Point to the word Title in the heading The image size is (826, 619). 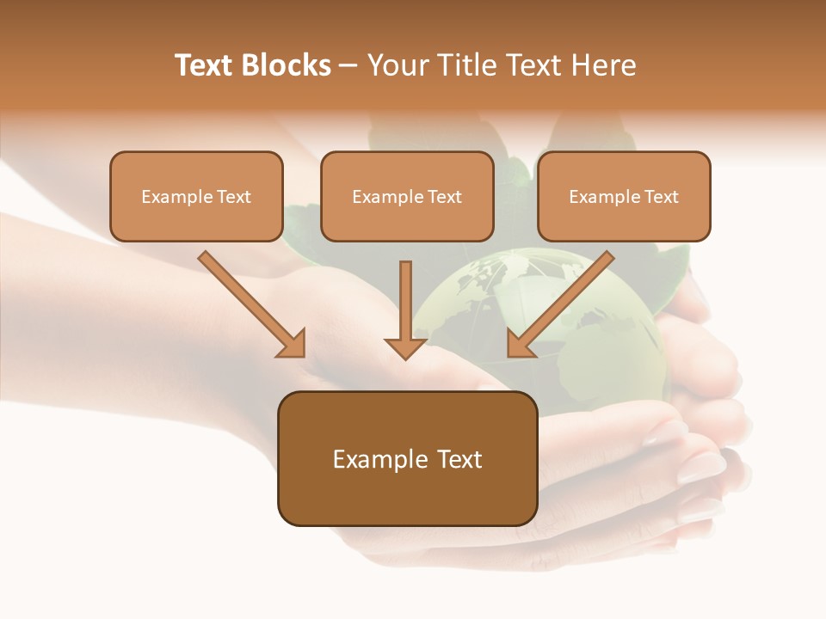coord(468,65)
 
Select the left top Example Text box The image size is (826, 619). coord(196,196)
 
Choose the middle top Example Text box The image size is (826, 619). coord(407,196)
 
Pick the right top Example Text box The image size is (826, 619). coord(624,196)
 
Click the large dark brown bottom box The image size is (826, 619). coord(407,458)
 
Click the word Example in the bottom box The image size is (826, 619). coord(379,459)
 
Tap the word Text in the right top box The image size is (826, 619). coord(662,197)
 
